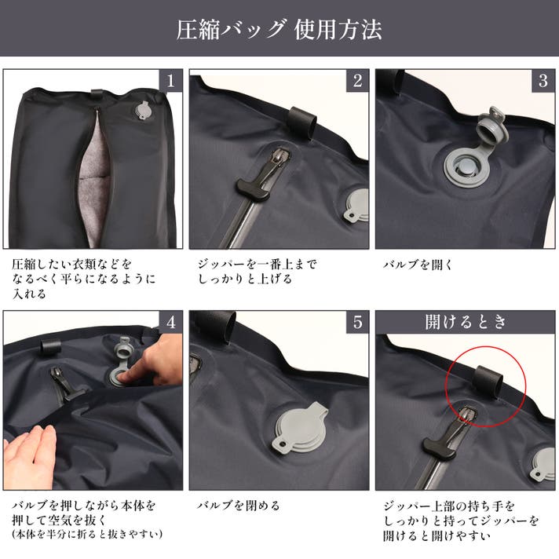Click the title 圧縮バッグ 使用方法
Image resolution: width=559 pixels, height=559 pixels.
coord(279,29)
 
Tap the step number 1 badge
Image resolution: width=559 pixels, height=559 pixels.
coord(171,80)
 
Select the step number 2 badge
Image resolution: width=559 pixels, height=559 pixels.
coord(357,80)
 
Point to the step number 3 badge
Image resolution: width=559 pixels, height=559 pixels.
coord(543,80)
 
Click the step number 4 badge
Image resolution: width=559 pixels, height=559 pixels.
coord(171,322)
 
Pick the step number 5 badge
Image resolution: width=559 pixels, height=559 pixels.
coord(357,322)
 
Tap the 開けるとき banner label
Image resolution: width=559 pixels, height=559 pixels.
coord(466,322)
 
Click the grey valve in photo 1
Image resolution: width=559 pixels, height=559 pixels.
coord(143,111)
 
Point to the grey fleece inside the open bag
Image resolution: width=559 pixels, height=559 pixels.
coord(93,185)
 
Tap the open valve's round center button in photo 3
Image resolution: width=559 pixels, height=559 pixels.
coord(466,167)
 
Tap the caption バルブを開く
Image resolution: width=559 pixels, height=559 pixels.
coord(418,265)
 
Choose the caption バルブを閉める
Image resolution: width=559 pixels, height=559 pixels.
coord(238,506)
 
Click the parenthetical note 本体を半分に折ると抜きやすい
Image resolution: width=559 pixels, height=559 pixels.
coord(87,535)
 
